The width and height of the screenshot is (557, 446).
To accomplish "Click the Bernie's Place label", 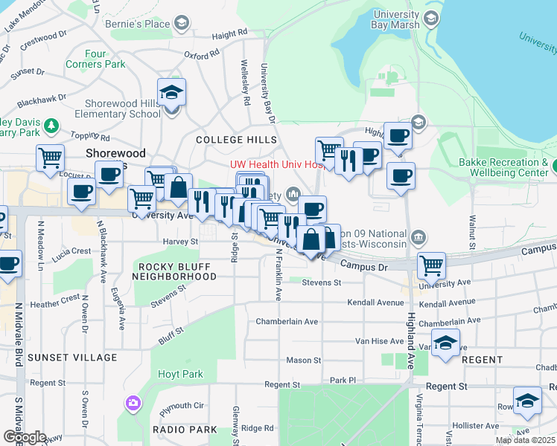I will tap(147, 25).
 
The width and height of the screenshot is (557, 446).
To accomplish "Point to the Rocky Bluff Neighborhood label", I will tap(174, 271).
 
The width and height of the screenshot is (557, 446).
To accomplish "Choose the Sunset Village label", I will tap(72, 358).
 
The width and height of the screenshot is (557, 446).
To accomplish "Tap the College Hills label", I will tap(236, 140).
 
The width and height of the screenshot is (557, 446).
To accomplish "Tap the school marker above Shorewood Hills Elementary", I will tap(172, 94).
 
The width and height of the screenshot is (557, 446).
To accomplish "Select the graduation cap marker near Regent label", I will tap(445, 343).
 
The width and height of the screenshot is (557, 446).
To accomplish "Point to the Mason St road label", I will tap(303, 361).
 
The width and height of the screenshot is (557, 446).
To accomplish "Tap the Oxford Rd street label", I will tap(202, 54).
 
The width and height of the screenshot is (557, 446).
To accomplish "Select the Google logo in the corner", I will tap(25, 437).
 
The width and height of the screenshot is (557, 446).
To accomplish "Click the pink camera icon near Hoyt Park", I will tap(133, 403).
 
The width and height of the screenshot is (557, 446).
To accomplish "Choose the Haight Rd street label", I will tap(229, 34).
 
